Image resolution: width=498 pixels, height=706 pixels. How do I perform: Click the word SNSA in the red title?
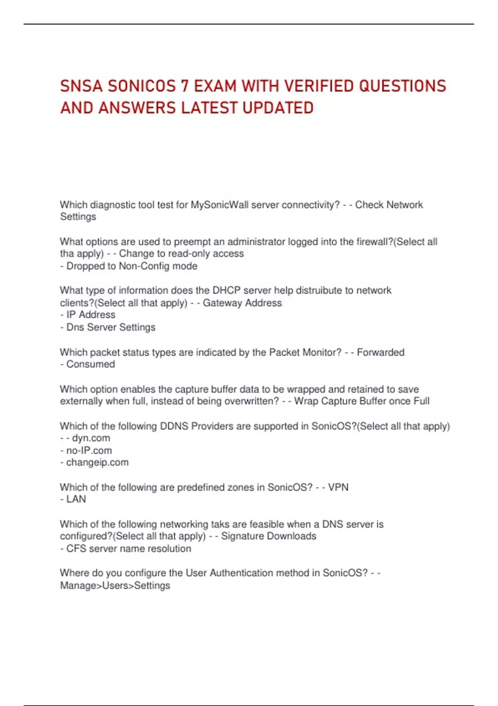point(81,86)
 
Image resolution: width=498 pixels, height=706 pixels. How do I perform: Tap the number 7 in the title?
point(185,86)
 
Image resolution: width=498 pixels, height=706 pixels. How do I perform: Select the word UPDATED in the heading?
point(278,108)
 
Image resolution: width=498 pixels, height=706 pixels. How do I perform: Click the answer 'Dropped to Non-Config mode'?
point(132,266)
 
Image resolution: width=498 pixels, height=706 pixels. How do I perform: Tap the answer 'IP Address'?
point(90,315)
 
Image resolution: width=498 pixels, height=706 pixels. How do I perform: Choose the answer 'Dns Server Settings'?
point(111,327)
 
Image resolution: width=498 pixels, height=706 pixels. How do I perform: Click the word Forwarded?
point(381,352)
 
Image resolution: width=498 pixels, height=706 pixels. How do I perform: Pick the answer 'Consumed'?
point(90,364)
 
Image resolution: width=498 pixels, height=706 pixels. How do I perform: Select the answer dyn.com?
point(91,438)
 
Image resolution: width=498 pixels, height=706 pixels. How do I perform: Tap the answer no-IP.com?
point(89,451)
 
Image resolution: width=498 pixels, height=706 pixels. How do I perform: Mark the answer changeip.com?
point(97,463)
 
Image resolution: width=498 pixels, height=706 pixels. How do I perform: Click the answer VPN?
point(338,487)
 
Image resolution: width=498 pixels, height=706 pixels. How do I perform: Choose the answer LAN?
point(76,499)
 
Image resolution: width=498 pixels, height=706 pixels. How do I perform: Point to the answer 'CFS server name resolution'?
point(129,549)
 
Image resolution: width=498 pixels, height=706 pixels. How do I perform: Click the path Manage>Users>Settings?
point(115,586)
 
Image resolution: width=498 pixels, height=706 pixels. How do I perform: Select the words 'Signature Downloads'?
point(269,536)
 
